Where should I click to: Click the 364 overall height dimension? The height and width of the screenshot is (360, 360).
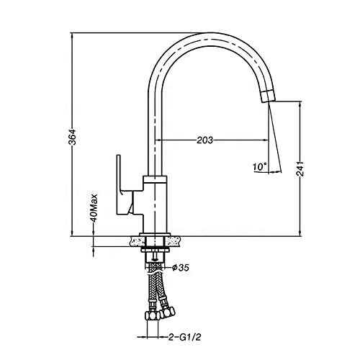[x=72, y=137]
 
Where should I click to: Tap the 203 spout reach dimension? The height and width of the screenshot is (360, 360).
[x=205, y=140]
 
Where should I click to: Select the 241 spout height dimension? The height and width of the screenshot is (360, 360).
[x=300, y=168]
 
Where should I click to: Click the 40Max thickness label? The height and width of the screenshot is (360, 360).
[x=94, y=208]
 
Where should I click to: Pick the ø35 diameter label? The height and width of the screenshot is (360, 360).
[x=181, y=267]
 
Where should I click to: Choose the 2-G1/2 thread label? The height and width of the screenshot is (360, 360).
[x=184, y=337]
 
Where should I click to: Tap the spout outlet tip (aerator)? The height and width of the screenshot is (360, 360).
[x=268, y=96]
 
